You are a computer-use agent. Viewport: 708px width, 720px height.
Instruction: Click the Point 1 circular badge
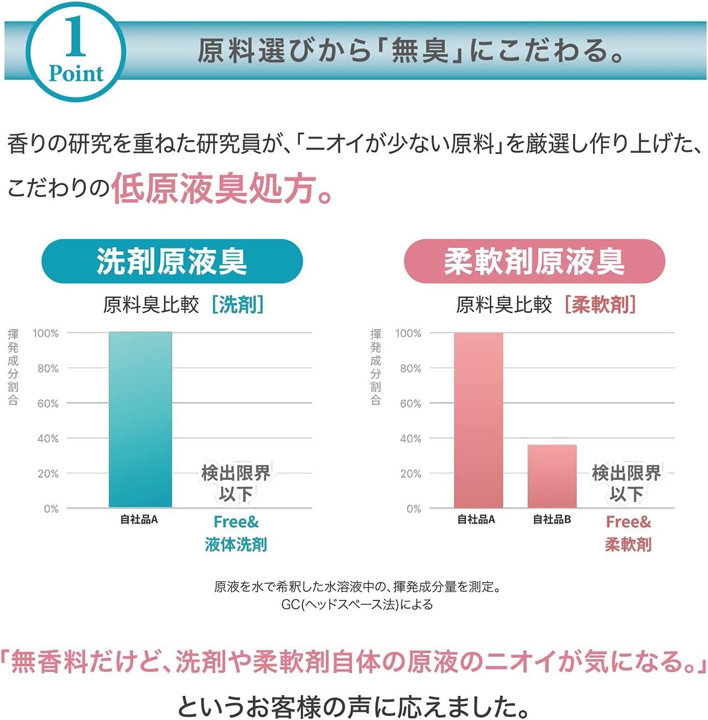click(76, 51)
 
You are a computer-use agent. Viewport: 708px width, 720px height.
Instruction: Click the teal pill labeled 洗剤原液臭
click(172, 261)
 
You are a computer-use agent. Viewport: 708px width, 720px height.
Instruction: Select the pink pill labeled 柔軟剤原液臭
click(534, 261)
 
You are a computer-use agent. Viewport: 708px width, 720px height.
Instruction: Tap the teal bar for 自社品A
click(140, 419)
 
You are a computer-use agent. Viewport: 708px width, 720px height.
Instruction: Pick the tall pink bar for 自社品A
click(478, 419)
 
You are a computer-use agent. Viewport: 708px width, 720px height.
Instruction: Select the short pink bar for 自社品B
click(552, 476)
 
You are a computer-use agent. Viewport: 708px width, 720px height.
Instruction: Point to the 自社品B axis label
click(551, 520)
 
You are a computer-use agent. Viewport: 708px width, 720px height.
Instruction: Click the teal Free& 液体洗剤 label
click(236, 533)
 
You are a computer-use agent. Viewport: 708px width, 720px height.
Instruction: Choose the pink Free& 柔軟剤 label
click(628, 533)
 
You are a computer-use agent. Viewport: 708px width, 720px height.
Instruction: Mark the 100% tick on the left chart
click(45, 333)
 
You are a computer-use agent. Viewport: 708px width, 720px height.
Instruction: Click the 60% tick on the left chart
click(48, 403)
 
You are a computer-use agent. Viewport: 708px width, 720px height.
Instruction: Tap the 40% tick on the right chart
click(410, 438)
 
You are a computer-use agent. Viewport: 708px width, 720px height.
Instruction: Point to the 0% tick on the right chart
click(414, 509)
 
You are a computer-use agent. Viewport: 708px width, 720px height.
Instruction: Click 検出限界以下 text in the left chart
click(236, 483)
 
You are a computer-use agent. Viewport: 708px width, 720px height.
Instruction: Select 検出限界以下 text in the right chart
click(627, 483)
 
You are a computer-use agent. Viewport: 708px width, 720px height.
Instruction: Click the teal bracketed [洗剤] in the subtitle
click(238, 304)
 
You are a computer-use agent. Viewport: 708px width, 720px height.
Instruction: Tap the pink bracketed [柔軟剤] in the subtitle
click(600, 304)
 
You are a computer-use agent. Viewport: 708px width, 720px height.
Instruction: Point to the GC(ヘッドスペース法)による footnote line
click(357, 604)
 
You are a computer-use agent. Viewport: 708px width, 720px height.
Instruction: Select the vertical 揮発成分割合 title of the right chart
click(376, 366)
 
